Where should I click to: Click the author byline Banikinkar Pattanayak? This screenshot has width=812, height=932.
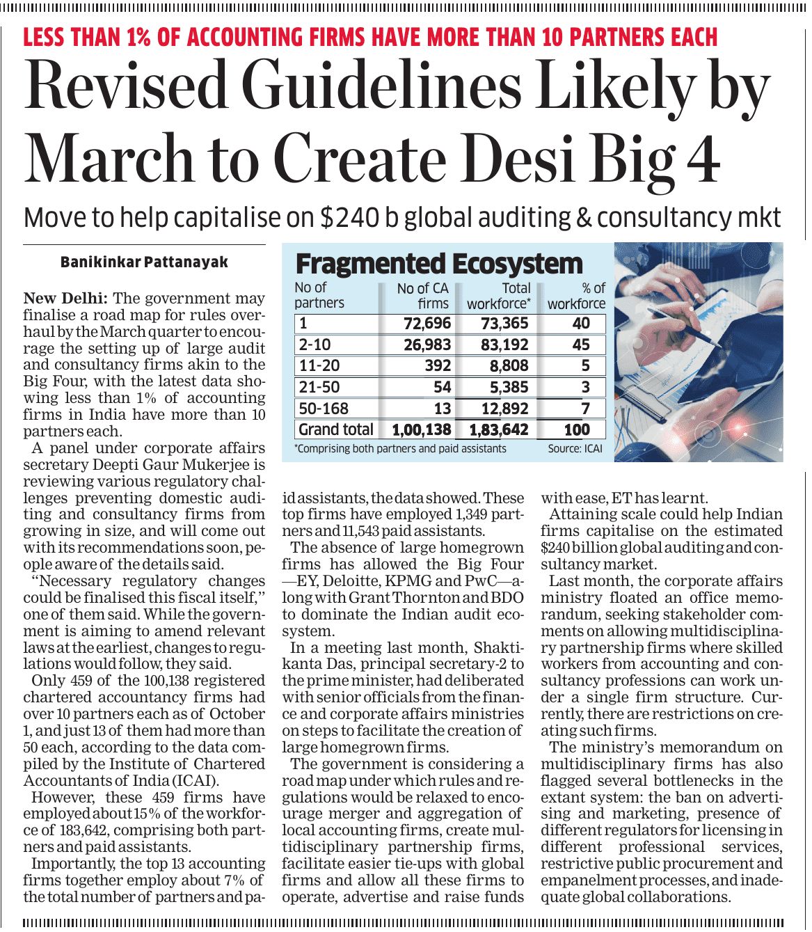point(144,262)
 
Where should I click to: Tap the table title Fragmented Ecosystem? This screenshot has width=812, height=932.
point(439,264)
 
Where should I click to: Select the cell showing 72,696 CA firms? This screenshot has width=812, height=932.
point(427,324)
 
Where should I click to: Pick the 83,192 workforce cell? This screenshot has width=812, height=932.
point(504,345)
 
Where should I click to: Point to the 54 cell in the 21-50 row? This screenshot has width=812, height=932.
point(442,387)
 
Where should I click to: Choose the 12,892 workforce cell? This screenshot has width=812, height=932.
point(504,409)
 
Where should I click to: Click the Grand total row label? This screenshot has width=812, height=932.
point(336,429)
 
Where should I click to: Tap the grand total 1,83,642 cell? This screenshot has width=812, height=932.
point(499,430)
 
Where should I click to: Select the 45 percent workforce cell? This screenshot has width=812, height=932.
point(580,345)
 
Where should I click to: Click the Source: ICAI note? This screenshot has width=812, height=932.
point(575,449)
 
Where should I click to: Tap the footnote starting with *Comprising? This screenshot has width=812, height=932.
point(401,449)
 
